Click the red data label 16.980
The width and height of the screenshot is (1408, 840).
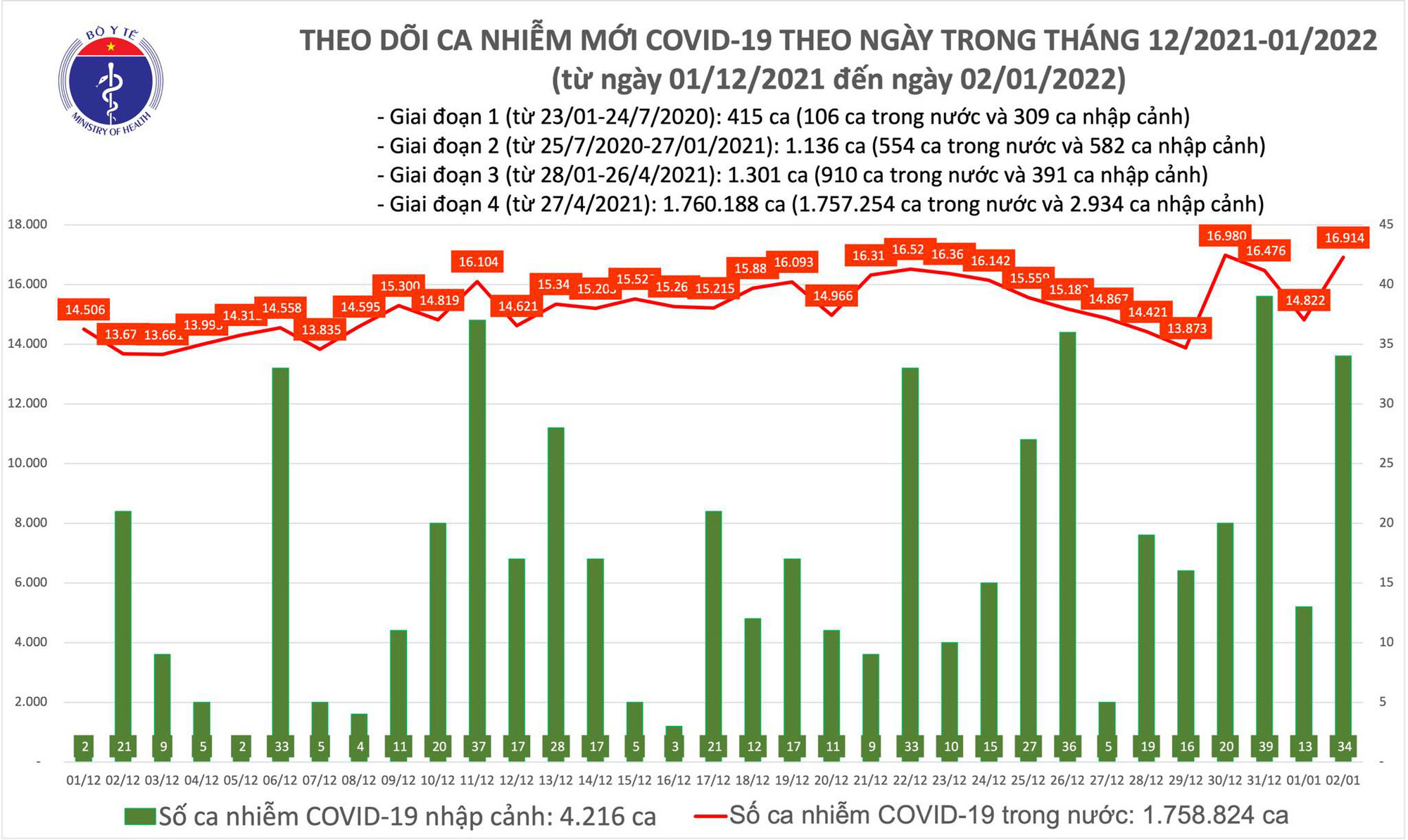pos(1226,236)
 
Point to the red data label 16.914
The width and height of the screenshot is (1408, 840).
pos(1344,238)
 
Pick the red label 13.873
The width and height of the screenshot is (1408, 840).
pos(1187,328)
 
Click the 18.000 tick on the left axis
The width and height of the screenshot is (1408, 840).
pos(27,225)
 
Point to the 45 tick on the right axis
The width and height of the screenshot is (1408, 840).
pos(1385,225)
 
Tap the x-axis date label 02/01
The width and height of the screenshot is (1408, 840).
pos(1343,780)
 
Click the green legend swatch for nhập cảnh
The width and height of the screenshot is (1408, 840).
pos(139,816)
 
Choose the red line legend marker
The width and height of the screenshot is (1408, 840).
pos(710,816)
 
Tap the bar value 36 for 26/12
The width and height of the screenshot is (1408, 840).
pos(1069,746)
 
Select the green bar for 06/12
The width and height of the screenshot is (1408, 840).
pos(281,563)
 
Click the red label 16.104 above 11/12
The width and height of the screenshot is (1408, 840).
pos(478,262)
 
